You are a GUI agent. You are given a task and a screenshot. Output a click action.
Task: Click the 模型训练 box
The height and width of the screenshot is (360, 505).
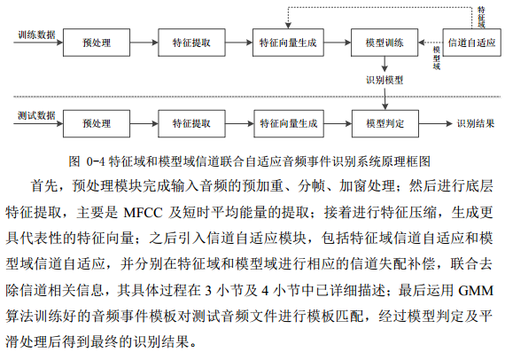tap(385, 43)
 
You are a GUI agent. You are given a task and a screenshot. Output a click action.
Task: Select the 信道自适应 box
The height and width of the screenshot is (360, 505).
tap(471, 43)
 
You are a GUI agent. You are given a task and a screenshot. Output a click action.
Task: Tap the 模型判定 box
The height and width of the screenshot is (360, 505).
tap(385, 123)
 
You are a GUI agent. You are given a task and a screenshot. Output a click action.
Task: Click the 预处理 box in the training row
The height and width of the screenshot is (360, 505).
tap(97, 43)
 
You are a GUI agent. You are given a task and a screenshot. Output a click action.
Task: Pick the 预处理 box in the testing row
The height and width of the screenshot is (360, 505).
tap(97, 123)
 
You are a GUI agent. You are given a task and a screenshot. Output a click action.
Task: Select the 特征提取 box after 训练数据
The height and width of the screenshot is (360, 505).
tap(191, 43)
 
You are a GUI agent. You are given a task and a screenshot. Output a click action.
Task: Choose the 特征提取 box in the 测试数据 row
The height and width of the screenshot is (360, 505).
tap(191, 123)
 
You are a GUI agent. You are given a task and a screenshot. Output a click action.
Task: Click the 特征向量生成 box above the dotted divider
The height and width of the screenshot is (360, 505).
tap(288, 43)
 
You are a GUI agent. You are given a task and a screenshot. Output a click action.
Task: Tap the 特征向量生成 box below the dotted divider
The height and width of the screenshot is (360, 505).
tap(289, 123)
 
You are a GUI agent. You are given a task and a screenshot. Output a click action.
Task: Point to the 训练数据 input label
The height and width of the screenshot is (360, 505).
tap(36, 35)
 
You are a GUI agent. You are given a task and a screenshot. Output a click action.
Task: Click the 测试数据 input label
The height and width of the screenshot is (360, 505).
tap(36, 115)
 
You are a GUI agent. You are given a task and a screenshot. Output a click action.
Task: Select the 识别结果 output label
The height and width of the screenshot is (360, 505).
tap(476, 123)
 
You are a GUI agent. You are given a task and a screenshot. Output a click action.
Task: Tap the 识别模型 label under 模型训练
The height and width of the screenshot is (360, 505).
tap(385, 80)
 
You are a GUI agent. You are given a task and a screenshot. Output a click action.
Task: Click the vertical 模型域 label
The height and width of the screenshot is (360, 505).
tap(437, 58)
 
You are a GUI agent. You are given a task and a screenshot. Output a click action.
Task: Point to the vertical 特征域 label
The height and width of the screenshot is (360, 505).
tap(481, 17)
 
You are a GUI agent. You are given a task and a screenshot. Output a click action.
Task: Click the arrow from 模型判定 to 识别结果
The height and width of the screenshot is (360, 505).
tap(436, 123)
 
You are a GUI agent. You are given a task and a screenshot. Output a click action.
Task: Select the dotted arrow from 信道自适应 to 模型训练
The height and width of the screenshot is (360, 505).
tap(431, 43)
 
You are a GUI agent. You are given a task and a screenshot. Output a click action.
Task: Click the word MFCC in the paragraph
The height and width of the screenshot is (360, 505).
tap(143, 213)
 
